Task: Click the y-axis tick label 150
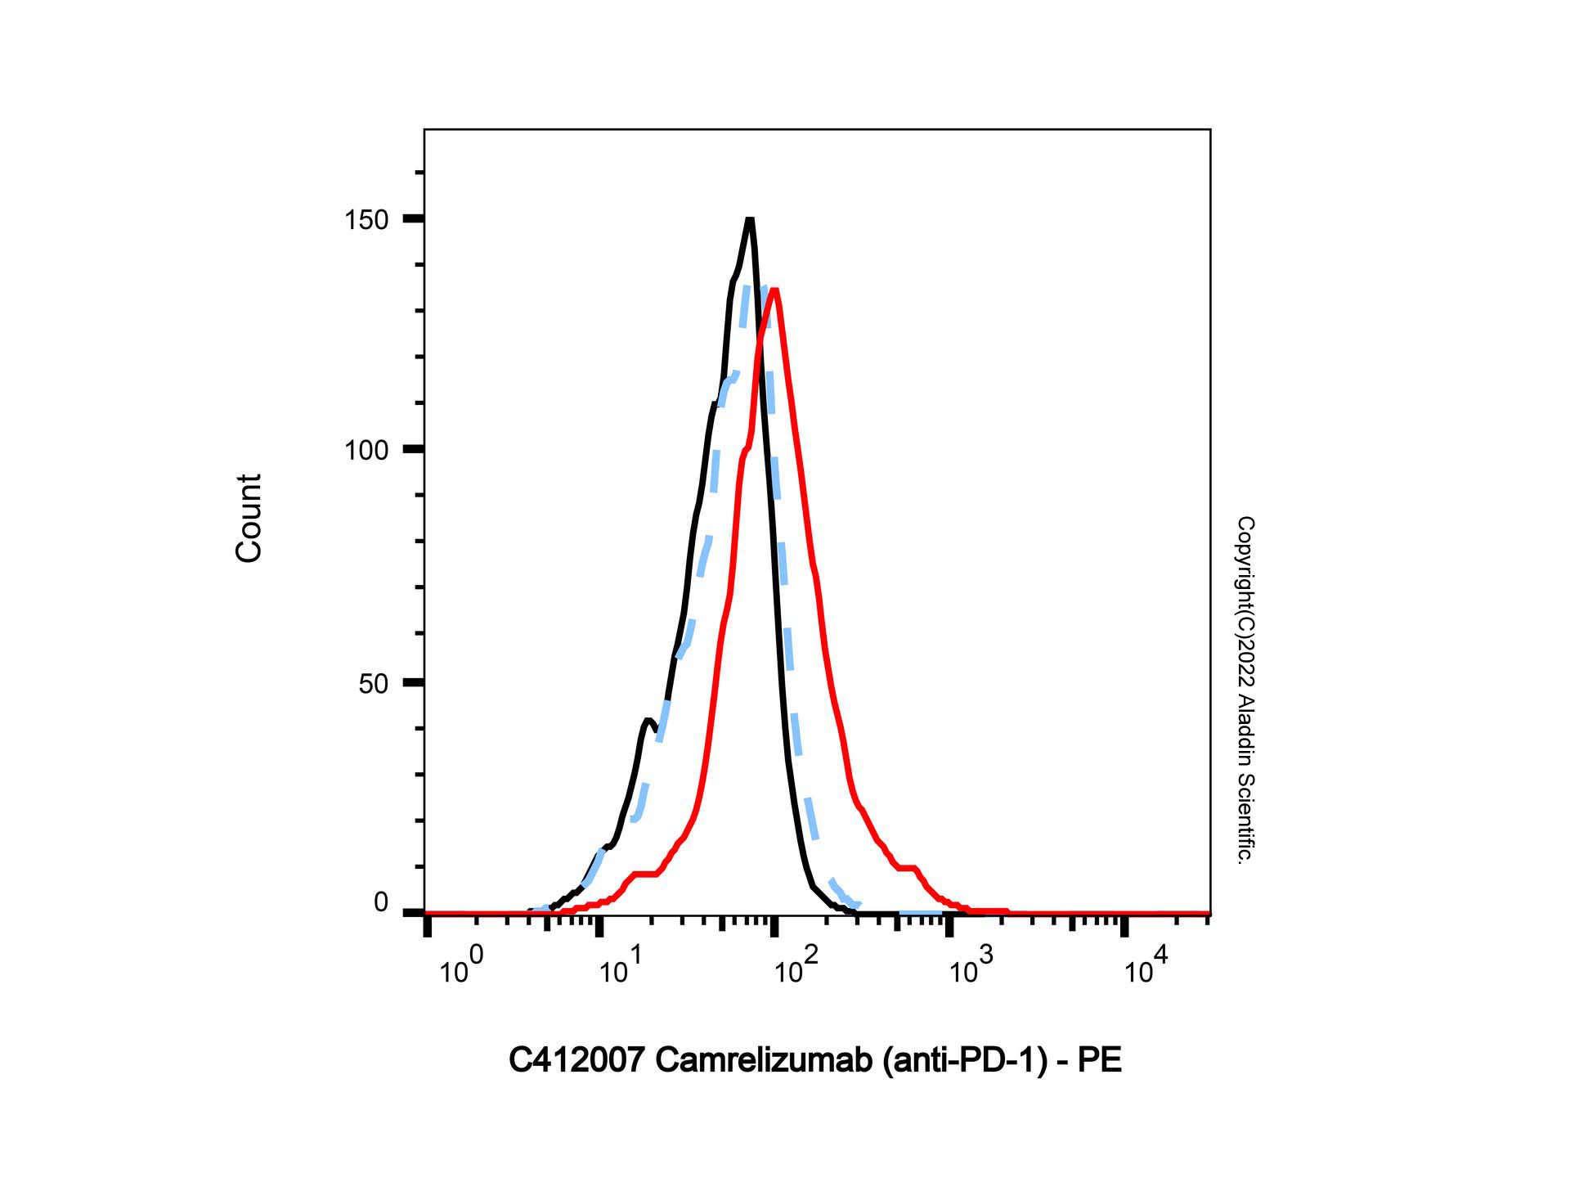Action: pyautogui.click(x=366, y=220)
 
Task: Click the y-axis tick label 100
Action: pyautogui.click(x=366, y=450)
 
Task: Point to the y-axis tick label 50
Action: pyautogui.click(x=373, y=683)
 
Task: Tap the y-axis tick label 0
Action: pyautogui.click(x=381, y=903)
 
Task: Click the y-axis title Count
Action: pyautogui.click(x=249, y=518)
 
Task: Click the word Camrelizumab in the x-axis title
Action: pyautogui.click(x=765, y=1061)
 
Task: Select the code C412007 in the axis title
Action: pyautogui.click(x=577, y=1061)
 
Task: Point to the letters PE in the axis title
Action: pyautogui.click(x=1100, y=1061)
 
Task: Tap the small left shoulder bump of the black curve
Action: pyautogui.click(x=647, y=721)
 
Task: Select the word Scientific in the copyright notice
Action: pyautogui.click(x=1245, y=819)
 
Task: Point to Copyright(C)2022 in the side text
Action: pyautogui.click(x=1245, y=602)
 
